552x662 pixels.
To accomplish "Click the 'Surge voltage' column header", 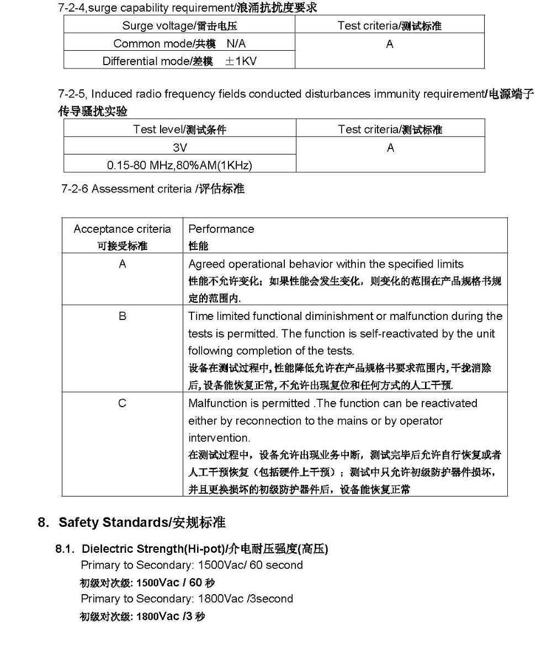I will click(179, 25).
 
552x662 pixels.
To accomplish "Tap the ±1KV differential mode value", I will click(241, 61).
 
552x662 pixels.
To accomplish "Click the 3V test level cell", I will click(180, 147).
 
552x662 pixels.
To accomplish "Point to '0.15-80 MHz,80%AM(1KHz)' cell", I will click(179, 165).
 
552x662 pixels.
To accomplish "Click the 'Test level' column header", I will click(179, 130).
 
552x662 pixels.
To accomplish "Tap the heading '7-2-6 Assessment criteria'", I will click(152, 189).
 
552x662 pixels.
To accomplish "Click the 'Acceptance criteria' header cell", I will click(122, 229).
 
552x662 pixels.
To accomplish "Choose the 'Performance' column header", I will click(221, 229).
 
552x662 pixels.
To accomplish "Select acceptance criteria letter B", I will click(123, 316).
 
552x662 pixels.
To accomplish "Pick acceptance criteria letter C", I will click(123, 403).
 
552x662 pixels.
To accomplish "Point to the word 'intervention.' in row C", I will click(219, 438).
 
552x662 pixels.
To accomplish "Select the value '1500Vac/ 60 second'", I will click(250, 565).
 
